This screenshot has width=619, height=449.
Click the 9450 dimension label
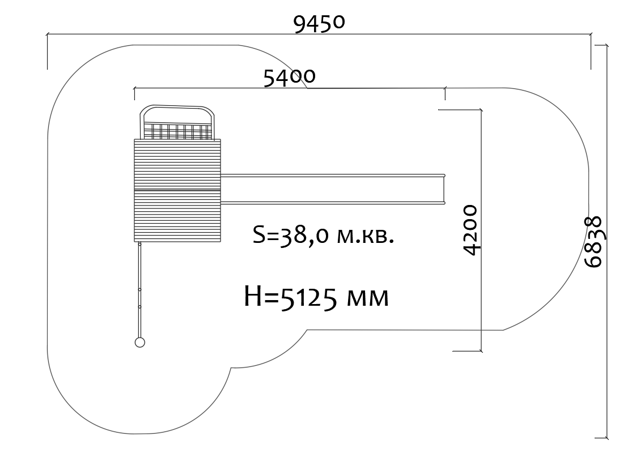click(319, 24)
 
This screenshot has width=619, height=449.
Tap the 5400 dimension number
click(289, 77)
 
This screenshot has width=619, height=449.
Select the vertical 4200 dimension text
click(470, 230)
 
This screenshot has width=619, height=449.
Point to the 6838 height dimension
click(593, 242)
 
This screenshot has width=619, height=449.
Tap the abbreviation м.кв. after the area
click(366, 236)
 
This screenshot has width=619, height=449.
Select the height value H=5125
click(291, 297)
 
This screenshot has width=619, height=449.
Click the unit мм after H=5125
click(367, 298)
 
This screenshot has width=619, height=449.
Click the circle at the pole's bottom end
click(140, 342)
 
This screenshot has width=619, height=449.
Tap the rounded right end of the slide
click(444, 189)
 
